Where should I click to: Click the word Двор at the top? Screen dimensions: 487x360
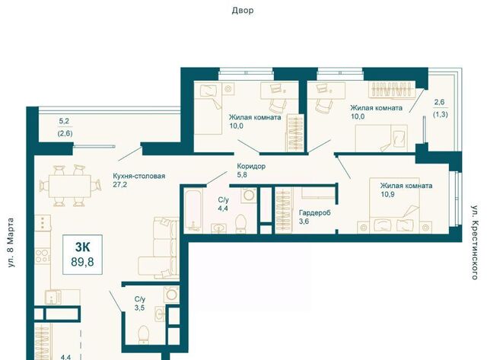243,11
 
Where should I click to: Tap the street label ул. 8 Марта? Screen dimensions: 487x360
11,243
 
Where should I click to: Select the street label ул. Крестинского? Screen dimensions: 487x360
474,242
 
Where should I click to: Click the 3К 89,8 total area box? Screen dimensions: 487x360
82,255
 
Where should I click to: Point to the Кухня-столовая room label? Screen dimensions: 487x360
138,176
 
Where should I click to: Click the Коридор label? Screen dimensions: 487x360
251,166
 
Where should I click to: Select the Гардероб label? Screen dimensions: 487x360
314,213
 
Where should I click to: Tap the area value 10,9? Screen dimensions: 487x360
387,194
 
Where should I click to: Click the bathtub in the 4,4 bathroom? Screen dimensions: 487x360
193,210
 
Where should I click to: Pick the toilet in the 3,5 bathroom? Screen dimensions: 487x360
143,334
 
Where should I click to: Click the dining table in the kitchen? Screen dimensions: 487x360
70,186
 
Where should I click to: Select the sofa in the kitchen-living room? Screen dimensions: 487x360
159,247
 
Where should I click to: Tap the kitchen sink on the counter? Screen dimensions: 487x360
53,297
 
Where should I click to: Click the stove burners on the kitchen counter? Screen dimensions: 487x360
43,256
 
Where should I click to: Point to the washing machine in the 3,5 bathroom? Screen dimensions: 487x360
171,294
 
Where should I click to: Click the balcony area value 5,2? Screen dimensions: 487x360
64,122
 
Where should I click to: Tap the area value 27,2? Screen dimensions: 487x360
120,185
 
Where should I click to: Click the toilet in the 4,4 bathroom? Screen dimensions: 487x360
241,223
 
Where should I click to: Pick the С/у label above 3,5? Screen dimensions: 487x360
140,299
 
